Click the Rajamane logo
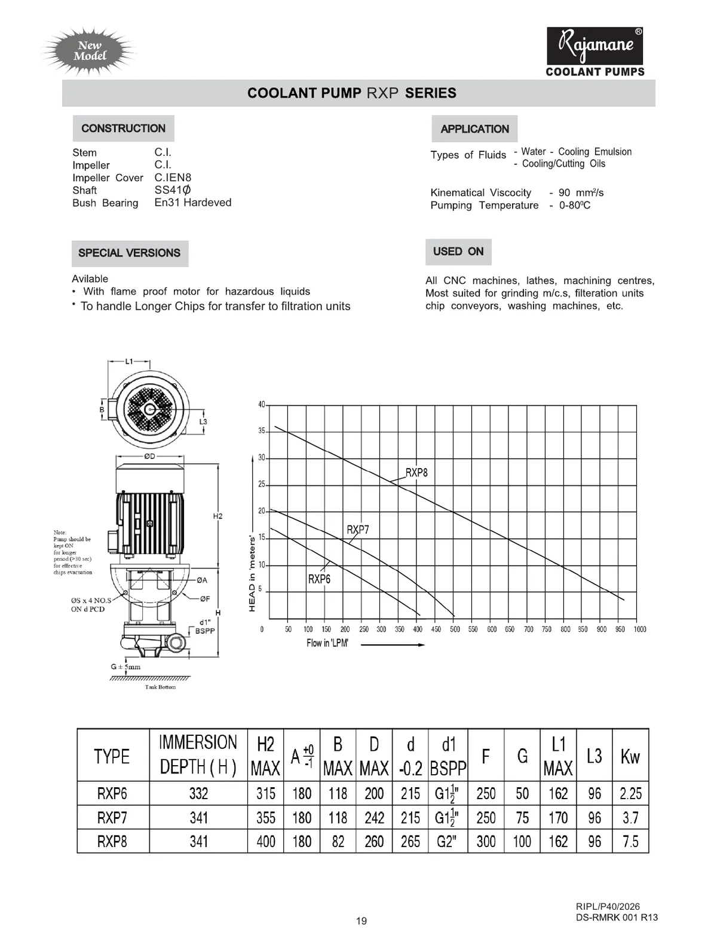click(x=595, y=46)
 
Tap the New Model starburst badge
click(x=90, y=51)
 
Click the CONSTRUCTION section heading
click(x=123, y=129)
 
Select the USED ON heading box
click(x=458, y=252)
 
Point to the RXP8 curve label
click(x=416, y=473)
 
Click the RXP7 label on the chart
click(x=358, y=530)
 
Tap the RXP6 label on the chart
click(x=319, y=579)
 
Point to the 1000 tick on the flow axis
click(x=640, y=629)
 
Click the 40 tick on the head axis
click(x=262, y=405)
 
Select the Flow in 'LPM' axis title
click(x=327, y=643)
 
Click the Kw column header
click(x=630, y=756)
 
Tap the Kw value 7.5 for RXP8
click(x=630, y=842)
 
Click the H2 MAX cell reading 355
click(x=266, y=818)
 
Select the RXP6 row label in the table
click(x=112, y=794)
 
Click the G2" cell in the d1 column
click(x=447, y=842)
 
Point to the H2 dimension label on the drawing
click(x=217, y=516)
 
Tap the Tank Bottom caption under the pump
click(x=160, y=687)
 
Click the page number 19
click(x=361, y=921)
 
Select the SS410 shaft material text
click(x=173, y=190)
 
